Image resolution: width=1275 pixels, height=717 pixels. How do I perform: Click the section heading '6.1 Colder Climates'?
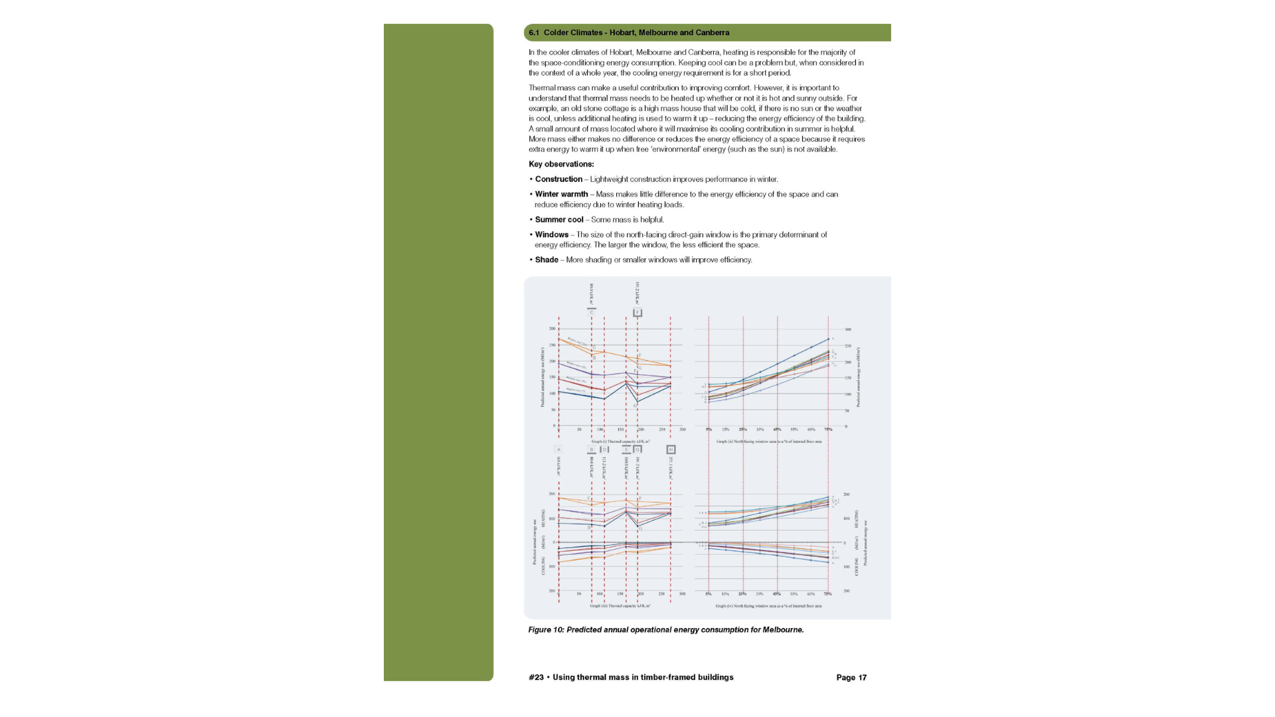628,33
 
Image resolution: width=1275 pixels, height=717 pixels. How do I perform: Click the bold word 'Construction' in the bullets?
558,179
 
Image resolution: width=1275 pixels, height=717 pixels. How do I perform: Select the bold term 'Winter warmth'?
561,195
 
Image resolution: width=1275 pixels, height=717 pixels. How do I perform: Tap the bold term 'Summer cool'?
559,220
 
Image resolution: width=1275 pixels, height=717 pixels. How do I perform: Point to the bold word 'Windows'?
552,235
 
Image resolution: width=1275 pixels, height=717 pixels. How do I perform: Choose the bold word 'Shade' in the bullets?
547,260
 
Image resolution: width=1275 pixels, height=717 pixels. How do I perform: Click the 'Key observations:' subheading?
561,165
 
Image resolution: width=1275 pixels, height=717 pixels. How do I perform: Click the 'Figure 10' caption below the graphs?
665,630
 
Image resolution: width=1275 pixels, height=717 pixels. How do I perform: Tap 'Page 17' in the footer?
851,678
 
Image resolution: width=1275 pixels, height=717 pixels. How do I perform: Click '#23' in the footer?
536,678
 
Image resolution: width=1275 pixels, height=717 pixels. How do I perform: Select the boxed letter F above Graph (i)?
637,313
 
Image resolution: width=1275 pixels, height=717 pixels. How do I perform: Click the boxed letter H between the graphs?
671,449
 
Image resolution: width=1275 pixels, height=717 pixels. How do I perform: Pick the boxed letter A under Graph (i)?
558,449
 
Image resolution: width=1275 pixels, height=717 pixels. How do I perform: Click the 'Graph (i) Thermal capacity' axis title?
620,441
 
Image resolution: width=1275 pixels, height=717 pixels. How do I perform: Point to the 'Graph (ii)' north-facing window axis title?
768,441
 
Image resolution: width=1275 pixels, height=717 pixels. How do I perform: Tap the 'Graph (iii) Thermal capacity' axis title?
620,606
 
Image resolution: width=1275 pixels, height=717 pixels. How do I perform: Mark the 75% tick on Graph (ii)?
828,430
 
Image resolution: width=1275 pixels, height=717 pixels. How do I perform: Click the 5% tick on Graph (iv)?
709,594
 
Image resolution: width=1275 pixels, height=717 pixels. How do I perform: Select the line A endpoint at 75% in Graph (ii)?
828,339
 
